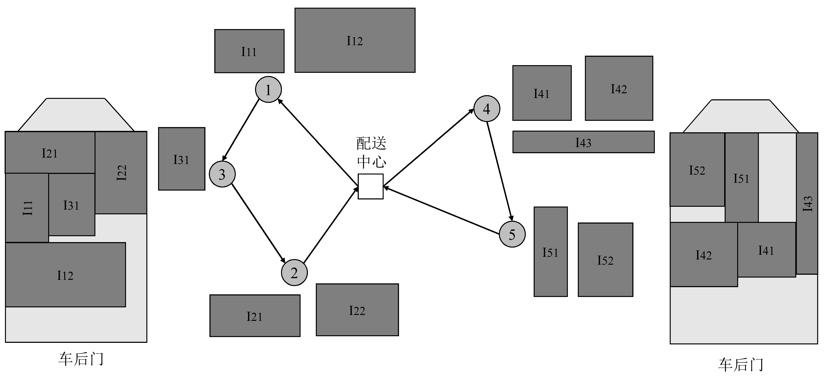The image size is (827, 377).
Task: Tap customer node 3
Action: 222,174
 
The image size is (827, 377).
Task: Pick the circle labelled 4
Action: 487,109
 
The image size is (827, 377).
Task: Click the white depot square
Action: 370,186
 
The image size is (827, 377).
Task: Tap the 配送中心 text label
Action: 371,152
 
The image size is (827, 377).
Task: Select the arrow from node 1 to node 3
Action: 241,130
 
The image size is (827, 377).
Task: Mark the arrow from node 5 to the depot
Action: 441,210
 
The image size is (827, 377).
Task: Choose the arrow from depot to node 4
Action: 429,148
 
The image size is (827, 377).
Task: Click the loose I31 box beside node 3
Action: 182,159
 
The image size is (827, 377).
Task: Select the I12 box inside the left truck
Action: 65,275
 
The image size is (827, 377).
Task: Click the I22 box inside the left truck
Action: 121,173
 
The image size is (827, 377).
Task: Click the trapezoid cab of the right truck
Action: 740,116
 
